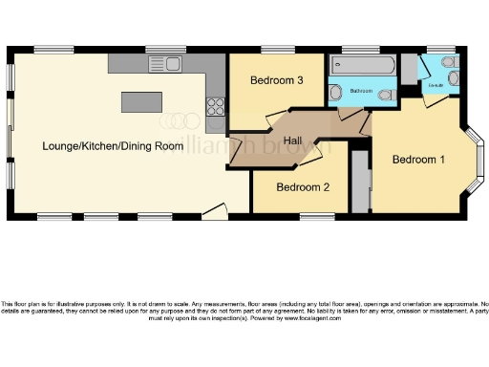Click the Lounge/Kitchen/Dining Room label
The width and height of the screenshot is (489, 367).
pos(112,146)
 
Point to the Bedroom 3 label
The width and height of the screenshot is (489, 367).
pos(277,81)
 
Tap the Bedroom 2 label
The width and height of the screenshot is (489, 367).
pos(303,187)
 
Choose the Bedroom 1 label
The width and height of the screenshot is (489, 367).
pos(418,160)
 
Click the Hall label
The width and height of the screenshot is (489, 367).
pos(294,140)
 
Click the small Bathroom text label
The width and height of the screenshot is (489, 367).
pos(361,91)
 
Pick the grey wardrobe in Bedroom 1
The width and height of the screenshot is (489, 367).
pos(360,181)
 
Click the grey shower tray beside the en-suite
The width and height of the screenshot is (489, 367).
pos(409,71)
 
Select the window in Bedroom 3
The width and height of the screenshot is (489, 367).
pos(277,50)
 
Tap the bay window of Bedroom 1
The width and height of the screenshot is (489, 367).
pos(475,161)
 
